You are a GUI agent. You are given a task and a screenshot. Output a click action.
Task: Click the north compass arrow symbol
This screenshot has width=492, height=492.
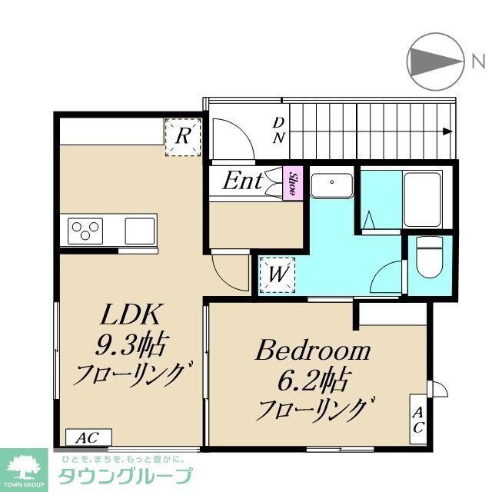coord(435,61)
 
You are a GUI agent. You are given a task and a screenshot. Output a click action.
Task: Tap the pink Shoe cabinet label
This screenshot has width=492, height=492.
coord(293,184)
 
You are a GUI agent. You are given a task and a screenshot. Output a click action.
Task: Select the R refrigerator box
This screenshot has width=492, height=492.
coord(183,138)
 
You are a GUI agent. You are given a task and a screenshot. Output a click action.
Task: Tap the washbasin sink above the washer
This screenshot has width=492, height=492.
coord(332,185)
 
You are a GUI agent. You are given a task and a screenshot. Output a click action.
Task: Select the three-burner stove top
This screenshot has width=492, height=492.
coord(86,229)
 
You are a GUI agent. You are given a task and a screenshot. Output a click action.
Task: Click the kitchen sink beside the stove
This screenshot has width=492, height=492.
coord(139,229)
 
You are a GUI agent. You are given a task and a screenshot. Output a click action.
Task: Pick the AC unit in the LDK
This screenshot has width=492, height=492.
coord(88,437)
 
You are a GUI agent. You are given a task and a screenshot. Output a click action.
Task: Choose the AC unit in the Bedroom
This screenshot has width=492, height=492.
coord(418,419)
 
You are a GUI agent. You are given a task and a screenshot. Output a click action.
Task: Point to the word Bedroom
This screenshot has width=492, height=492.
coord(313,352)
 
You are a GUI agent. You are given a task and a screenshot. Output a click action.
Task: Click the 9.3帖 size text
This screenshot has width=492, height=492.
coord(131,346)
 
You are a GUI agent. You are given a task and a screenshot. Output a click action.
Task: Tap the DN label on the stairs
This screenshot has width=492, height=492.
coord(279,131)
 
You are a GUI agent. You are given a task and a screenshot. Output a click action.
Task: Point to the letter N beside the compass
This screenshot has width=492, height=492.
coord(477,61)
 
